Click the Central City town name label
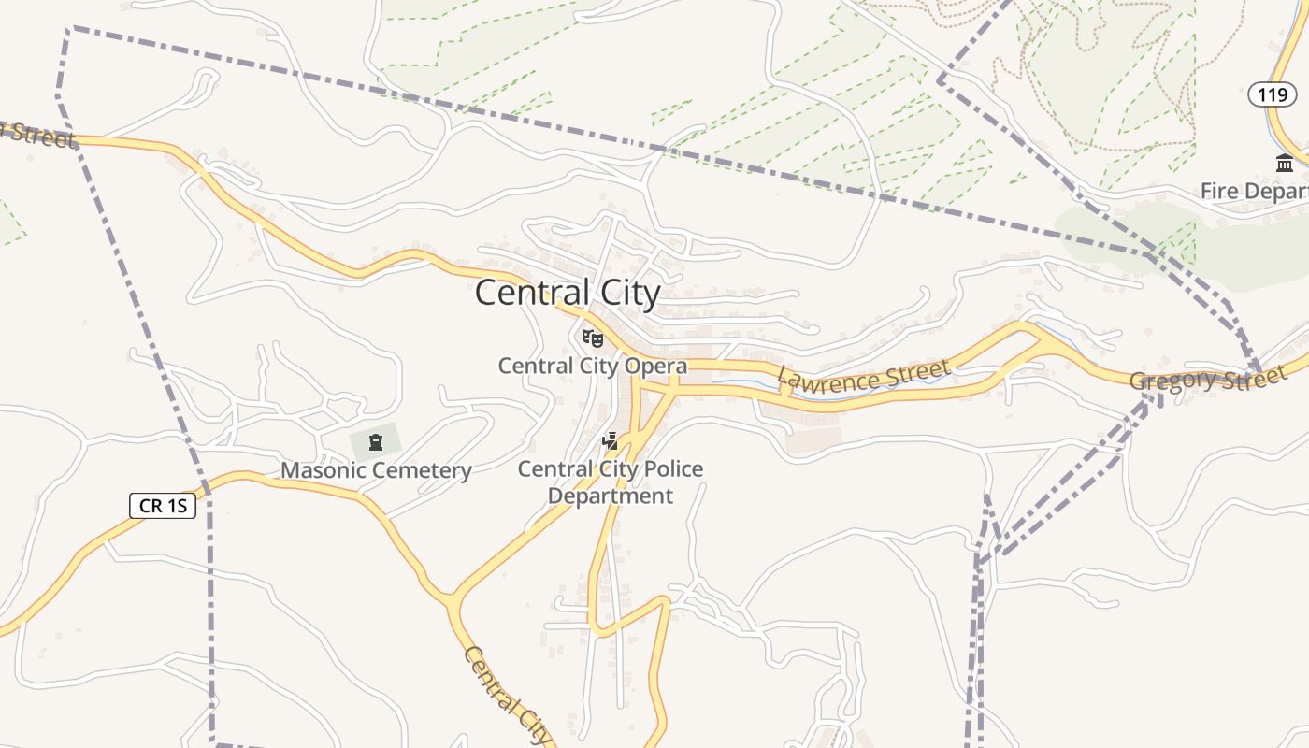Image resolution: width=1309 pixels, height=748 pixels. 568,294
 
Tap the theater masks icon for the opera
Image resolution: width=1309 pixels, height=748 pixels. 593,338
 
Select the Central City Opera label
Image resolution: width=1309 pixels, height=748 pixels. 592,366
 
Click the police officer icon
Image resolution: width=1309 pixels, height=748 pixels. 611,440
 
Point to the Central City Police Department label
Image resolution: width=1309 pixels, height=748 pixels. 611,482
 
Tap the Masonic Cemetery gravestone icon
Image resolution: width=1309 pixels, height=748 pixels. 376,441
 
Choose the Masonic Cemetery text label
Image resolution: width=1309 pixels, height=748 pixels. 376,470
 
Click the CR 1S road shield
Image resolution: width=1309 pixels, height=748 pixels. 163,506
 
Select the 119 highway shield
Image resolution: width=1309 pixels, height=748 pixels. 1273,94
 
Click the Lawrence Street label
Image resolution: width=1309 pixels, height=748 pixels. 863,376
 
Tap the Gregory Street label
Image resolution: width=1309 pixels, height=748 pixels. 1207,380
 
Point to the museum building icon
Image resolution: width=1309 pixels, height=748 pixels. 1285,164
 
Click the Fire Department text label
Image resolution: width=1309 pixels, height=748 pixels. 1254,192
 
